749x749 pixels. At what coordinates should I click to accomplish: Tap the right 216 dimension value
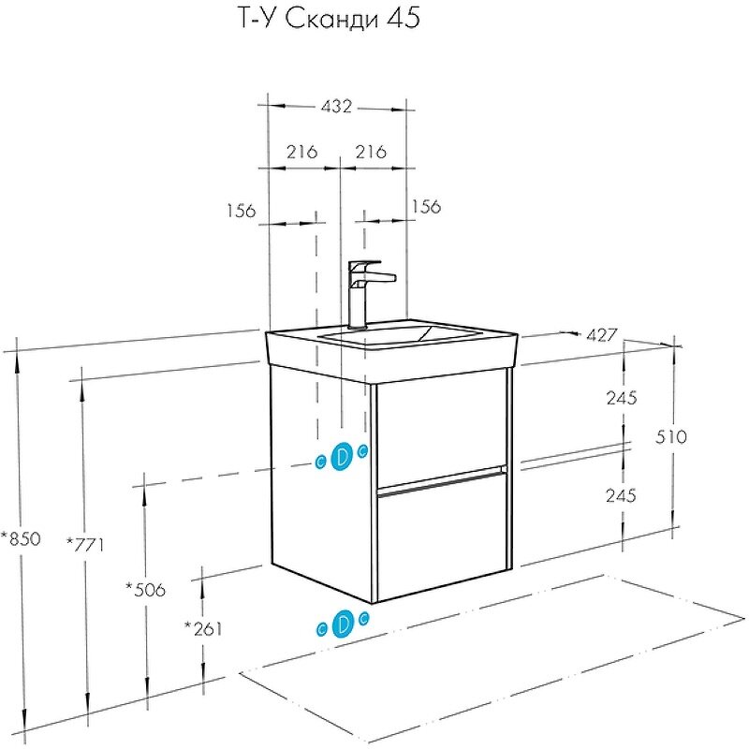[x=372, y=152]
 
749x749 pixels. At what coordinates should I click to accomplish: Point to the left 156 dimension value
[x=241, y=211]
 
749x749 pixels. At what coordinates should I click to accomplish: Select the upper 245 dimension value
[x=621, y=398]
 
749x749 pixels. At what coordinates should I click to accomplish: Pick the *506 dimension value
[x=145, y=589]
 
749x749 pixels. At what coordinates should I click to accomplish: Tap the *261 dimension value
[x=203, y=628]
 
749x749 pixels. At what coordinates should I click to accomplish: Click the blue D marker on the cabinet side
[x=342, y=456]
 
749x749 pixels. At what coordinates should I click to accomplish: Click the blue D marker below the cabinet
[x=342, y=623]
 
